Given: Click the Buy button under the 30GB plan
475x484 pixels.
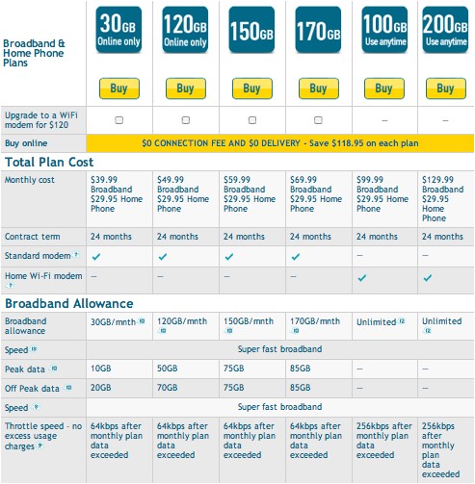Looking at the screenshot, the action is [119, 89].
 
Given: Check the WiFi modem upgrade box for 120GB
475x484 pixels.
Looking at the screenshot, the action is [185, 120].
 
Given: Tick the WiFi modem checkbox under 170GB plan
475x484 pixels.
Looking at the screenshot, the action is [318, 120].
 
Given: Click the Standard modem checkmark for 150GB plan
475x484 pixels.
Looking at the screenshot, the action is [229, 256].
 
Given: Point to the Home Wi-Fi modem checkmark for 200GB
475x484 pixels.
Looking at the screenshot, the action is [428, 277].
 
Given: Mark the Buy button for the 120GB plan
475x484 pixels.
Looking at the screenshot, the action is [185, 89].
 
